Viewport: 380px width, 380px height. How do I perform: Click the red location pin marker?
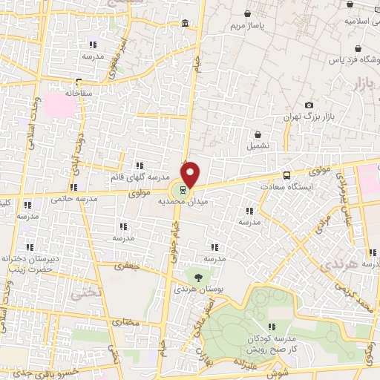(x=191, y=174)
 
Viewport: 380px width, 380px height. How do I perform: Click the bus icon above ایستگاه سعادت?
(x=286, y=176)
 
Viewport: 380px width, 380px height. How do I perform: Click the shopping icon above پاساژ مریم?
(x=246, y=13)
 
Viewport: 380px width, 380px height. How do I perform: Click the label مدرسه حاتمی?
(x=72, y=199)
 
